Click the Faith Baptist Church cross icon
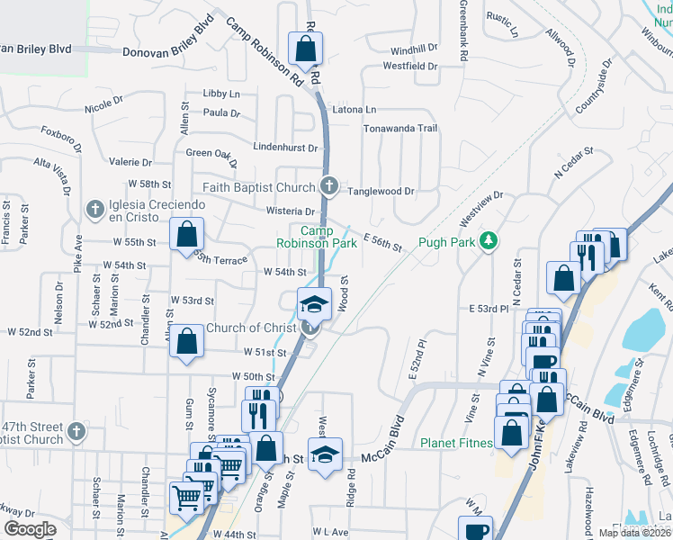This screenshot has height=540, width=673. pos(329,187)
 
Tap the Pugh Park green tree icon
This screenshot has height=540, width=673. pos(489,240)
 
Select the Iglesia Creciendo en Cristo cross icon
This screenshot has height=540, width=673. pos(94,210)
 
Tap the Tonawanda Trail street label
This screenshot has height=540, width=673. pos(399,129)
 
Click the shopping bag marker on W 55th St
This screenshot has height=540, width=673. pos(185,235)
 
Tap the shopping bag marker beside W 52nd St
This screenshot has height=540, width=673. pos(186,342)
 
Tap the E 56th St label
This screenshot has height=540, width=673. pos(381,240)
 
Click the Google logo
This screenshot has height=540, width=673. pos(30,529)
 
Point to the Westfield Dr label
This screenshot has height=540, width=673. pos(409,66)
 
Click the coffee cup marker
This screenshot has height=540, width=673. pos(474,530)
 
